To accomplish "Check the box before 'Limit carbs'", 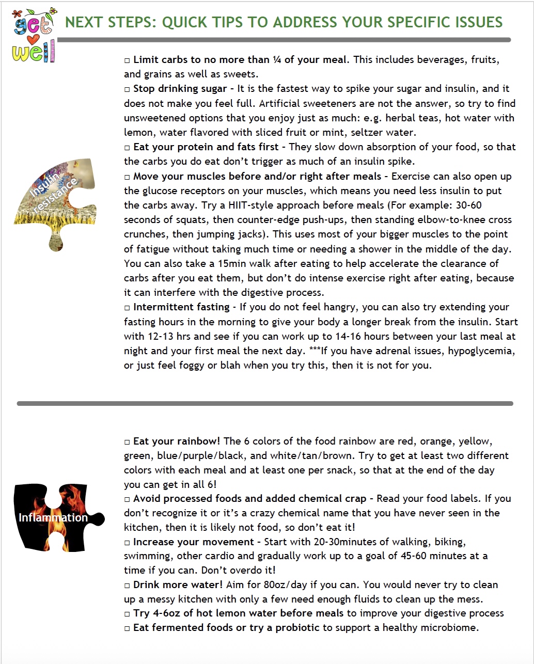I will (128, 60).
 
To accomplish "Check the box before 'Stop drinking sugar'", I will (128, 89).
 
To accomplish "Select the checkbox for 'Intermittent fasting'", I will (128, 308).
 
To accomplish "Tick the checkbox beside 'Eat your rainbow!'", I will (128, 442).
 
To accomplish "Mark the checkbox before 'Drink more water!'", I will (128, 586).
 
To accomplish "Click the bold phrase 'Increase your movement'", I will (194, 542).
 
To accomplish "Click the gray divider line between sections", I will (264, 403).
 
